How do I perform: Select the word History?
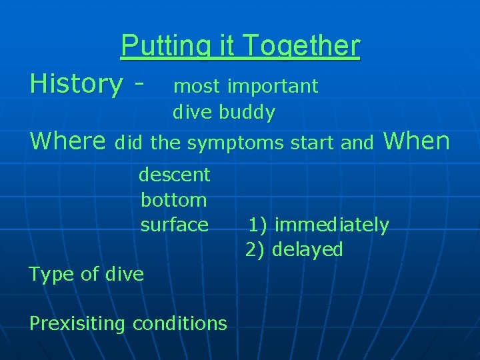[x=75, y=84]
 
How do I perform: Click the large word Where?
[x=69, y=141]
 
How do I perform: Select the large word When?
[x=417, y=141]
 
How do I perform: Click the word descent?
[x=174, y=175]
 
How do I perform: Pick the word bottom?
[x=174, y=199]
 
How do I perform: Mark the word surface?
[x=174, y=225]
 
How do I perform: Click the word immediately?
[x=331, y=225]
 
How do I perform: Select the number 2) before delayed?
[x=256, y=250]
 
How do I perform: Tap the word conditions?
[x=180, y=323]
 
